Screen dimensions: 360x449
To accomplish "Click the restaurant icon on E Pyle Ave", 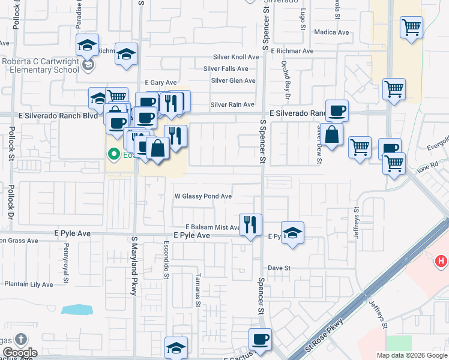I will pos(251,224).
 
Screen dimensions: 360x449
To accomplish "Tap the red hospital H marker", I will pos(441,261).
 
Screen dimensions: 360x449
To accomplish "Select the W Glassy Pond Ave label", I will pos(203,196).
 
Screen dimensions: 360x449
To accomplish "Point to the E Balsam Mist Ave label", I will pos(212,227).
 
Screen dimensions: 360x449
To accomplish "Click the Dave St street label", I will pos(279,268).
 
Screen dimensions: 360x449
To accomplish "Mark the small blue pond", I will pos(77,310).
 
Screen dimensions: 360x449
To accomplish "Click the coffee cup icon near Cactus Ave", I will pos(261,339).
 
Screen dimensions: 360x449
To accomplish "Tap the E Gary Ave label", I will pos(161,82).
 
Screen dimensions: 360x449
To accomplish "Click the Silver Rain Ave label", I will pos(232,105).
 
